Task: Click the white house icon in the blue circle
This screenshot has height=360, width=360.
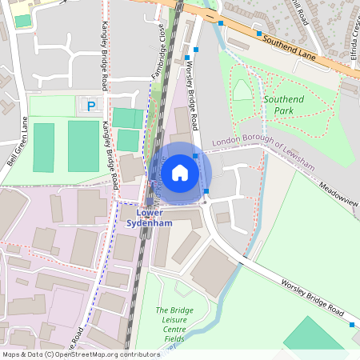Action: [180, 172]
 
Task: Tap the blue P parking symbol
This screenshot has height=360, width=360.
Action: [91, 106]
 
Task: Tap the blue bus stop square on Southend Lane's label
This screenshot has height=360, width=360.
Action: [259, 34]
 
